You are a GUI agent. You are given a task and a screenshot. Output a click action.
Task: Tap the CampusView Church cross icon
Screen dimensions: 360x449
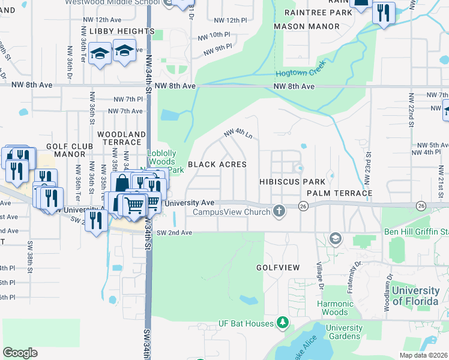[x=278, y=211]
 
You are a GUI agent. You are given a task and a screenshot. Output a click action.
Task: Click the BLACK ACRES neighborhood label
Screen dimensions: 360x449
[x=217, y=164]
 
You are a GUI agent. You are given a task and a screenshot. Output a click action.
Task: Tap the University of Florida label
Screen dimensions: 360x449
[x=415, y=296]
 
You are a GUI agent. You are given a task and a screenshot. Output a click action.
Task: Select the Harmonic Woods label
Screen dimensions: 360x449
[x=334, y=308]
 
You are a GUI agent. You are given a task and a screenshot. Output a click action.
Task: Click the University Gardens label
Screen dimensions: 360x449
[x=345, y=332]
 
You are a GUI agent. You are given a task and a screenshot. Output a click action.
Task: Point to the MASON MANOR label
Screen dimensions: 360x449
[x=306, y=27]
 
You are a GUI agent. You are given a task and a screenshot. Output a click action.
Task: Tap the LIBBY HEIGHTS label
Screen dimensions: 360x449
[x=122, y=31]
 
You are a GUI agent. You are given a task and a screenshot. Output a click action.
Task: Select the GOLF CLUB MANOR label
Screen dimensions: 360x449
[x=65, y=150]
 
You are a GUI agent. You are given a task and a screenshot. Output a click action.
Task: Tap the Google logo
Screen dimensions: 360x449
[x=20, y=353]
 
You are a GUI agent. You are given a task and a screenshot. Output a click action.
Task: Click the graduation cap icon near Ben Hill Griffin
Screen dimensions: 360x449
[x=335, y=239]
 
